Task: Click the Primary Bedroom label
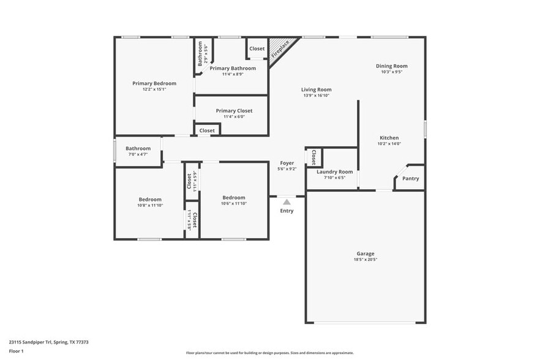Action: (x=154, y=83)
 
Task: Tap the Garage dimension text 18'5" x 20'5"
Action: (x=366, y=260)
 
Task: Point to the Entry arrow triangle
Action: (x=287, y=201)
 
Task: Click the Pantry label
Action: (x=411, y=179)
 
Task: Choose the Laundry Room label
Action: (x=334, y=172)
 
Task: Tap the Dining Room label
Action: (x=391, y=66)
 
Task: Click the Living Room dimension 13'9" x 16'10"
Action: (x=317, y=96)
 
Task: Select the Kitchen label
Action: (x=389, y=138)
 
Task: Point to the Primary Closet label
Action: (x=234, y=111)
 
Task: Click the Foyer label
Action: (x=287, y=163)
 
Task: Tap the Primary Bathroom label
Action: (x=233, y=68)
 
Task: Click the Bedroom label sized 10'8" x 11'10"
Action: (x=150, y=199)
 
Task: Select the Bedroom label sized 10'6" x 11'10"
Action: (x=234, y=198)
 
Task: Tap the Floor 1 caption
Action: (x=16, y=351)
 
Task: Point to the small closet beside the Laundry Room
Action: (x=313, y=157)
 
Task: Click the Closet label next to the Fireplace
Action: (x=257, y=48)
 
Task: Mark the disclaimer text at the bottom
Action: (x=269, y=353)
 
